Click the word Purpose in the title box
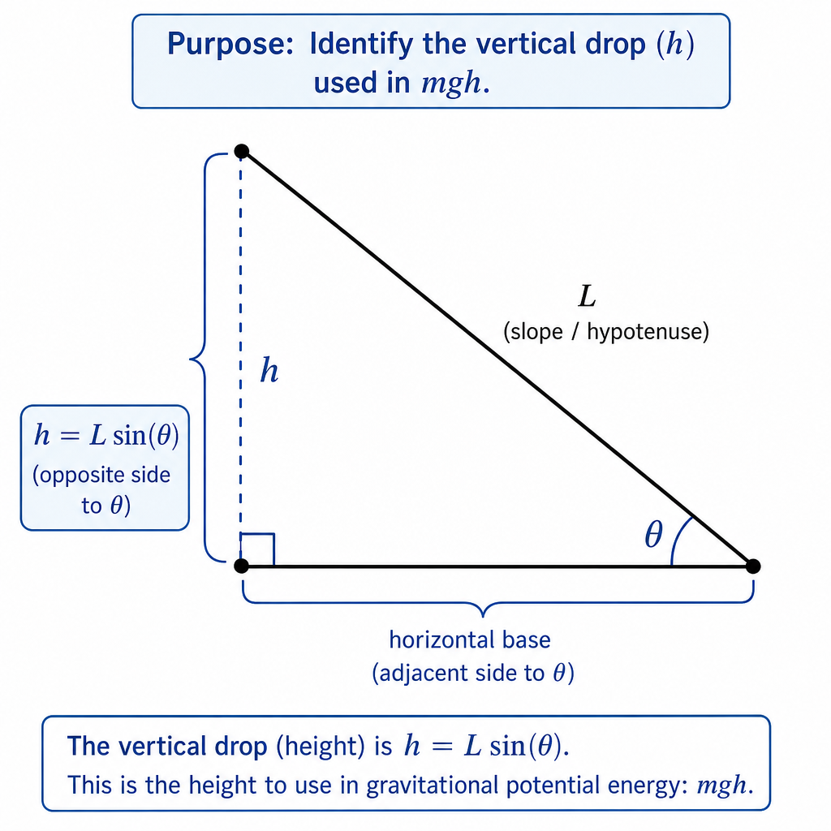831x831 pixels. pyautogui.click(x=230, y=44)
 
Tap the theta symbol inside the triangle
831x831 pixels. pyautogui.click(x=653, y=534)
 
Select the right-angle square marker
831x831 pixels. pyautogui.click(x=257, y=549)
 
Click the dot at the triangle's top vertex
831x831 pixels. pyautogui.click(x=242, y=151)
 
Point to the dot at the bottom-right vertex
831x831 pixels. pyautogui.click(x=752, y=566)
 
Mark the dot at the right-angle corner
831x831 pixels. pyautogui.click(x=241, y=566)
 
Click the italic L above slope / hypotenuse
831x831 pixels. pyautogui.click(x=588, y=296)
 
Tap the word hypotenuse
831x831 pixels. pyautogui.click(x=648, y=332)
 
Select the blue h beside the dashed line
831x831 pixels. pyautogui.click(x=269, y=370)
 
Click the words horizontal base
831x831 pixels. pyautogui.click(x=470, y=639)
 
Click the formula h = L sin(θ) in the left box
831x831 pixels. pyautogui.click(x=106, y=436)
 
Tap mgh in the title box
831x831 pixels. pyautogui.click(x=451, y=84)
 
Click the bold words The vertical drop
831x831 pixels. pyautogui.click(x=167, y=747)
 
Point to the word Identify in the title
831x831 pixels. pyautogui.click(x=360, y=44)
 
